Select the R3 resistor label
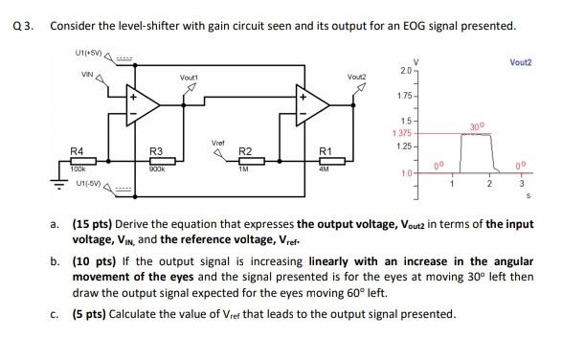tap(156, 151)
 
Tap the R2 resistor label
tap(244, 151)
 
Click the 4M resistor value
tap(326, 169)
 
